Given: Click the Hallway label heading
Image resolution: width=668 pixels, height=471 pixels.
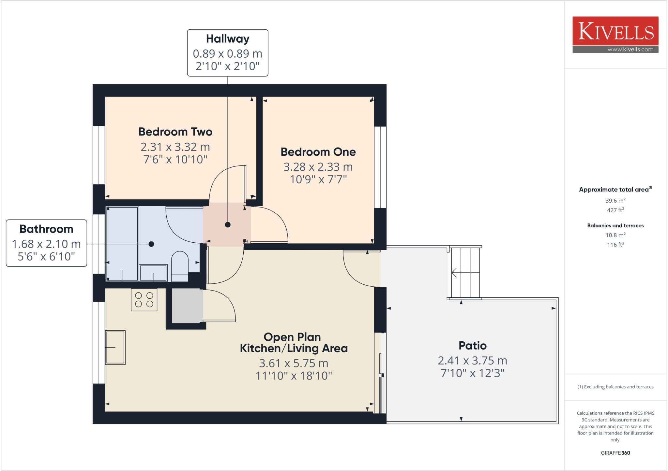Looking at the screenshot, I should (x=228, y=39).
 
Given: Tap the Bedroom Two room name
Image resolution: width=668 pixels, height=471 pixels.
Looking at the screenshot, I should (x=175, y=132).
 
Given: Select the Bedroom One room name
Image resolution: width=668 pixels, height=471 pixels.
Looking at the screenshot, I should (x=318, y=152).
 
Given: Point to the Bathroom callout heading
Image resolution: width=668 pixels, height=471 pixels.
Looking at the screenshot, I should (x=46, y=229).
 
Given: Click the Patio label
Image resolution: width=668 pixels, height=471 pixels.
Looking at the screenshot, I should (x=472, y=345).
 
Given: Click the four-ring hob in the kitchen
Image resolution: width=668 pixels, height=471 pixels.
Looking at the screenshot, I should (x=144, y=300).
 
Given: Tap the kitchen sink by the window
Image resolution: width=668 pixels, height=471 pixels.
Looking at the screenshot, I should (x=115, y=347).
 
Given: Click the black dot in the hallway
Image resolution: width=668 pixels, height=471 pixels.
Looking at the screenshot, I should (x=228, y=225).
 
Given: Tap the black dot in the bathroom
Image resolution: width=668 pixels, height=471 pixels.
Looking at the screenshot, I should (x=151, y=244).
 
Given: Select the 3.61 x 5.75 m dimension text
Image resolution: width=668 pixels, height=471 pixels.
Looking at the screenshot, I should (x=294, y=363).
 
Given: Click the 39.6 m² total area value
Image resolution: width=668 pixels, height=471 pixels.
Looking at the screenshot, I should (x=615, y=201).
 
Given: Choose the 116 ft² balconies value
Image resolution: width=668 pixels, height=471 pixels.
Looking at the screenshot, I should (x=615, y=245).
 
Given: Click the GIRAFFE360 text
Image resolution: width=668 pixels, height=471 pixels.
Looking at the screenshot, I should (x=615, y=453).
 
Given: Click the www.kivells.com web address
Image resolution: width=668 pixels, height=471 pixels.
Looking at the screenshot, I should (x=630, y=50).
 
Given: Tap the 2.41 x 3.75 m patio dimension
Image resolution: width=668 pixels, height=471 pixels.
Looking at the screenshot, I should (x=472, y=361).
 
